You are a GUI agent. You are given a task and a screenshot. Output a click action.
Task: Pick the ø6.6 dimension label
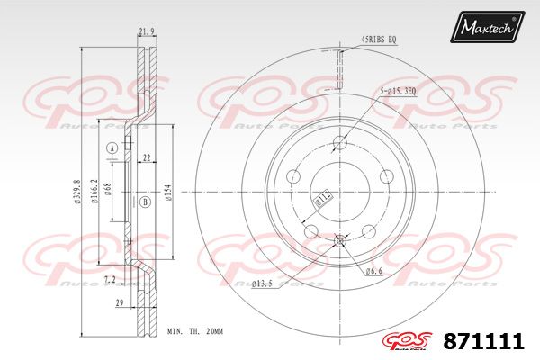tap(374, 271)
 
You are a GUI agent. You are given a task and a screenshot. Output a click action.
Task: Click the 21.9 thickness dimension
tap(147, 32)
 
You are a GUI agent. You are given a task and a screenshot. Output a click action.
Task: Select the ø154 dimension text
tap(168, 193)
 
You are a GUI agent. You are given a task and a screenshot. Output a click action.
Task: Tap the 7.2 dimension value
tap(109, 281)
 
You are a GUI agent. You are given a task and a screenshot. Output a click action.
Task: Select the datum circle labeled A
tap(112, 148)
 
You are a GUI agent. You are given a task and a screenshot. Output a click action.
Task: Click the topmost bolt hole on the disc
tap(340, 142)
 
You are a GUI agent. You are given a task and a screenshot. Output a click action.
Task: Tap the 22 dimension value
tap(146, 158)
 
